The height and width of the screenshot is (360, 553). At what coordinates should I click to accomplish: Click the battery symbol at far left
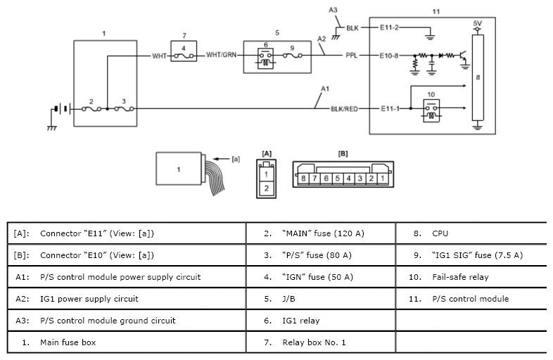coord(59,109)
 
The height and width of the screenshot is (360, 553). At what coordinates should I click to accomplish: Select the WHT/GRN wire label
coord(221,54)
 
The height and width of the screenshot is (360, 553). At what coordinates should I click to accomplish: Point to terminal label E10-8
coord(390,54)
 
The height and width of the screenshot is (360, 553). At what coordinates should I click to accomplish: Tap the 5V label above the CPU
coord(478,23)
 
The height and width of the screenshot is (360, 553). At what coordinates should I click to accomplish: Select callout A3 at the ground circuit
coord(333,10)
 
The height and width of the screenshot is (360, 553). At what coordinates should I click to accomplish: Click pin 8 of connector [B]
coord(303,179)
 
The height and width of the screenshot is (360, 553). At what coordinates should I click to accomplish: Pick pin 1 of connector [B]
coord(381,179)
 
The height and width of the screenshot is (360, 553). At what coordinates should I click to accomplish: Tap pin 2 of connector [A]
coord(267,188)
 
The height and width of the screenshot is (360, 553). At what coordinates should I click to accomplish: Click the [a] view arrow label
coord(236,159)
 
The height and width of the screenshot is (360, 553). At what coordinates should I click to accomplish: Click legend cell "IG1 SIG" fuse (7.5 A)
coord(469,255)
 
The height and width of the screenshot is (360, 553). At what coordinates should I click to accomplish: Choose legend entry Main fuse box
coord(68,342)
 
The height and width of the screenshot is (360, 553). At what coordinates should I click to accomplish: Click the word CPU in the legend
coord(440,233)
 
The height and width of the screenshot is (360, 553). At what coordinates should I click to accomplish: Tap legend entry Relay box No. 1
coord(314,342)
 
